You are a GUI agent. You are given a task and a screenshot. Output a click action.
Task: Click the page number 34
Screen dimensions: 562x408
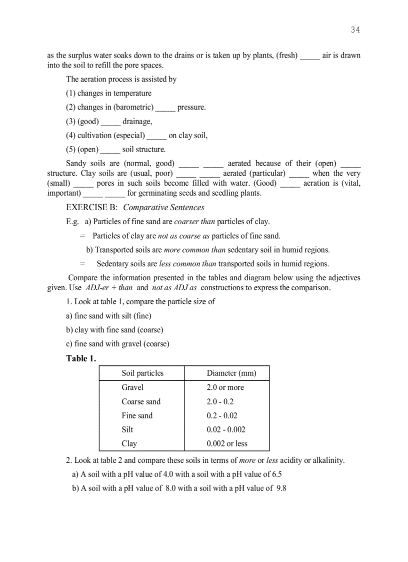355,30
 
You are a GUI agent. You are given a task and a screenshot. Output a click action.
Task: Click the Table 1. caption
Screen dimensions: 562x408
81,358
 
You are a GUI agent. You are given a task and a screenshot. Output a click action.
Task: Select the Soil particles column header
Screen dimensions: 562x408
142,373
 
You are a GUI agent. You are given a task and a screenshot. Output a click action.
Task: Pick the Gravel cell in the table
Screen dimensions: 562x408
132,387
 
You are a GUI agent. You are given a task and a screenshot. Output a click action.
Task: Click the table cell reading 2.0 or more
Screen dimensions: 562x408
225,387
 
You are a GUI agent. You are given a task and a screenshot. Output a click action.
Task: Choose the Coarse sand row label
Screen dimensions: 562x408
141,401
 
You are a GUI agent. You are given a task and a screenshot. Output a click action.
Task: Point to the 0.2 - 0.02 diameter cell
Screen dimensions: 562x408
222,415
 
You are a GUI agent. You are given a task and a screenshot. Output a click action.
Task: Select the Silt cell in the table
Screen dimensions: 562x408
127,429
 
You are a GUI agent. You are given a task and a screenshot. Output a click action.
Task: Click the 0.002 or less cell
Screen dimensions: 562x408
227,443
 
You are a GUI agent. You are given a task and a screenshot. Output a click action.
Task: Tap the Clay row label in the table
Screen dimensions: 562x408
129,443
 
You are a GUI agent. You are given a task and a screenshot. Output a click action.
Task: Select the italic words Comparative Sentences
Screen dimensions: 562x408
163,208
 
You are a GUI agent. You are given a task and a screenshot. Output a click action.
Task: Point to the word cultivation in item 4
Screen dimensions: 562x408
94,135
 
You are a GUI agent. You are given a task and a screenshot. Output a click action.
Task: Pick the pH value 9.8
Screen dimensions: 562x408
281,488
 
